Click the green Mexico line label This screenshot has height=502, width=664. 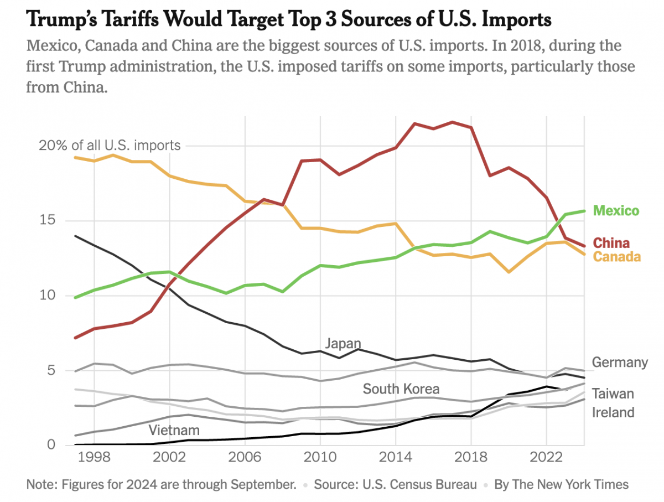(x=616, y=211)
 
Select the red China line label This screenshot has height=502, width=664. (x=611, y=243)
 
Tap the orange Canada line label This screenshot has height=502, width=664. (x=617, y=257)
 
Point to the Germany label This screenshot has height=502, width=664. (x=620, y=363)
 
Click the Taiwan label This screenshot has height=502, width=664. (x=613, y=394)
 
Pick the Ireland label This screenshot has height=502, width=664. (x=613, y=412)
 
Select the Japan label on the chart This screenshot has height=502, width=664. (x=343, y=343)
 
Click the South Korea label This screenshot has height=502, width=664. (x=401, y=389)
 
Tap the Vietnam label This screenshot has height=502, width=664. (x=174, y=430)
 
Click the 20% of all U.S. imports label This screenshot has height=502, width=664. (x=109, y=146)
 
